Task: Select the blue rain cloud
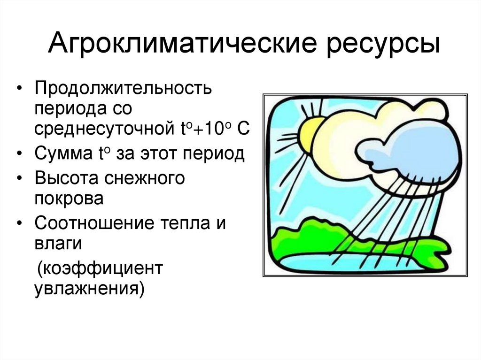pyautogui.click(x=404, y=150)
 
